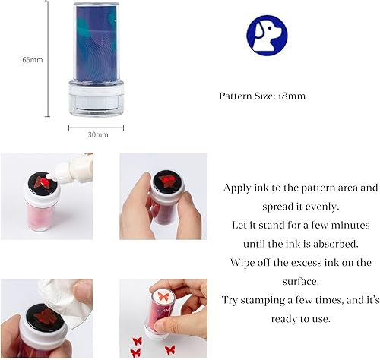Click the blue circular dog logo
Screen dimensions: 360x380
267,35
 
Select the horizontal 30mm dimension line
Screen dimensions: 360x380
96,127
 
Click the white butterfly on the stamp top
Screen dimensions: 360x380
160,298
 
